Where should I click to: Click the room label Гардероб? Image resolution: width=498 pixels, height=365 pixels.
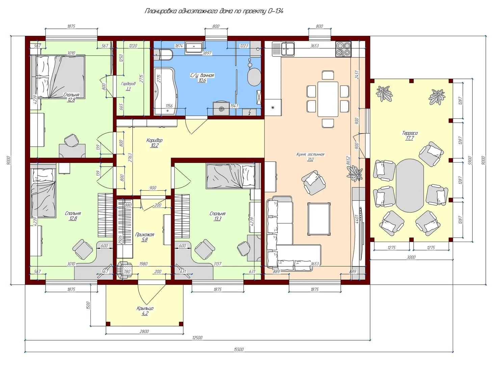tap(128, 84)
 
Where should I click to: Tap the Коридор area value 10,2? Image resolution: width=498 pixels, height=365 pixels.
tap(154, 145)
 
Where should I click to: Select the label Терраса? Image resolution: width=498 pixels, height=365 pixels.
tap(410, 133)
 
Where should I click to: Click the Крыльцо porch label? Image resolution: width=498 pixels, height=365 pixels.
tap(145, 308)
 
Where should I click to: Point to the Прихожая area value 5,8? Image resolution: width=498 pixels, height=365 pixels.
tap(145, 240)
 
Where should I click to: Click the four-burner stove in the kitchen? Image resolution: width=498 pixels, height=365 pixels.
tap(343, 49)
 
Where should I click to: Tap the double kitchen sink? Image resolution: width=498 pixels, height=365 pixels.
tap(288, 49)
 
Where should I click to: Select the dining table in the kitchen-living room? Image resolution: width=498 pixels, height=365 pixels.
tap(328, 99)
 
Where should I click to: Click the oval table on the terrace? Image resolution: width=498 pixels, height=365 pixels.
tap(410, 186)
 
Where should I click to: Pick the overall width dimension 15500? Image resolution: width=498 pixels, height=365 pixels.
tap(239, 350)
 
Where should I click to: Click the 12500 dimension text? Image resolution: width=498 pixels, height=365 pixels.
tap(197, 338)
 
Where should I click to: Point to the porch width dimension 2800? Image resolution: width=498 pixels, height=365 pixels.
tap(144, 332)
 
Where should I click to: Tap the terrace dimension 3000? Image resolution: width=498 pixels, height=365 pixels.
tap(411, 257)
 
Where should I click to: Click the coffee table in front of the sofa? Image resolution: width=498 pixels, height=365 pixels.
tap(319, 219)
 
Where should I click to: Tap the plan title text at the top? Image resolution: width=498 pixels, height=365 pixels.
tap(214, 11)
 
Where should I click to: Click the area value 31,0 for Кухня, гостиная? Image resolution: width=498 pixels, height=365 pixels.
tap(310, 159)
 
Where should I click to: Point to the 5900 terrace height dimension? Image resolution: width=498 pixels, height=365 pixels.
tap(470, 160)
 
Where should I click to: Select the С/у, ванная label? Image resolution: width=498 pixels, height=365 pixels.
tap(202, 75)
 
